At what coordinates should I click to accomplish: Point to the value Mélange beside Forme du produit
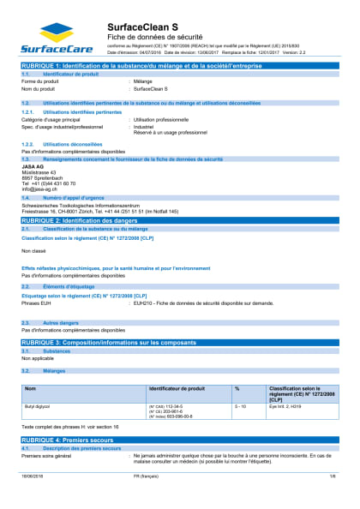pyautogui.click(x=144, y=81)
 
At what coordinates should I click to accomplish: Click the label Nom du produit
pyautogui.click(x=38, y=88)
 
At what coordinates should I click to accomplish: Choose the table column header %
pyautogui.click(x=237, y=389)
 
